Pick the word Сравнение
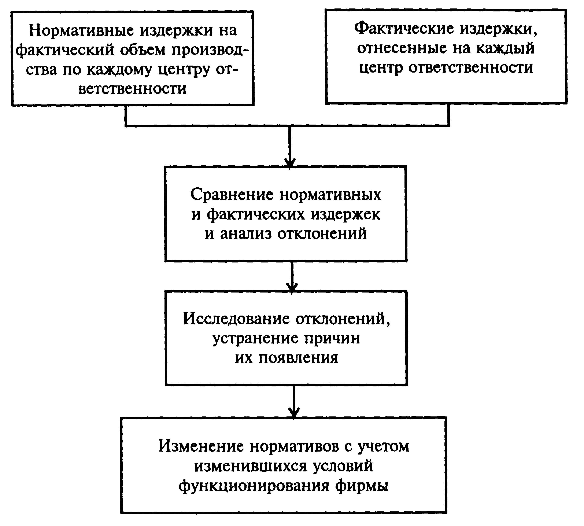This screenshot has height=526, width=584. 232,195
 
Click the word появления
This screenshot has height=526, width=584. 298,358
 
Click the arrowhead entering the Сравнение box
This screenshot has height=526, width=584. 290,163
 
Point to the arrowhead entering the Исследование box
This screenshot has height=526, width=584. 292,288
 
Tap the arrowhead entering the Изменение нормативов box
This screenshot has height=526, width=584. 294,412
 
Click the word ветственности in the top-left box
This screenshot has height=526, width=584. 132,89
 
